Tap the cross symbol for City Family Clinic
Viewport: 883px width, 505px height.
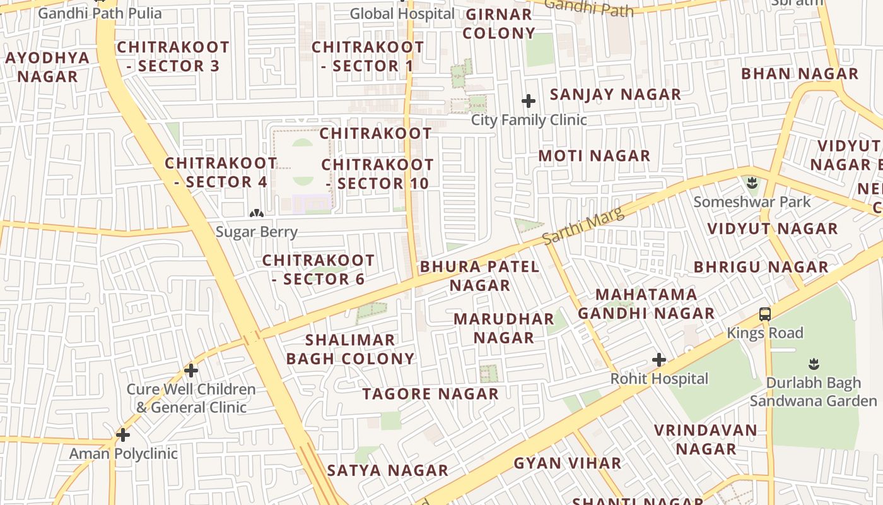click(529, 101)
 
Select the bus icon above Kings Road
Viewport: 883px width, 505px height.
click(765, 314)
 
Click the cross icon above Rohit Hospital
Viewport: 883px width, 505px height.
click(659, 360)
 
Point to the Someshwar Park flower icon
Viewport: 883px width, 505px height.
click(751, 184)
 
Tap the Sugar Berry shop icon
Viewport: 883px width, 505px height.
click(256, 213)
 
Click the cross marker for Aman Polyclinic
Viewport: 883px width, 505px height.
click(123, 434)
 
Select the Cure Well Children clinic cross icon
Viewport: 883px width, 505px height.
click(191, 371)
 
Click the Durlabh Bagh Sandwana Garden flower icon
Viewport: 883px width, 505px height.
click(814, 364)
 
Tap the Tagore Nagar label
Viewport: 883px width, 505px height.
click(431, 394)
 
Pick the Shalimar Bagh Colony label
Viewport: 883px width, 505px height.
click(351, 349)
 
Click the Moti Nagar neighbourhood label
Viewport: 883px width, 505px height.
click(594, 155)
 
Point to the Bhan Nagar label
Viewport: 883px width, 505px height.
click(800, 73)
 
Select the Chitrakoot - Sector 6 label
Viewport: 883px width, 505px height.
click(319, 270)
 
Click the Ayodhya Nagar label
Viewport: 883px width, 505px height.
click(48, 67)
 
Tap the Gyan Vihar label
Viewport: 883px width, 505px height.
click(568, 463)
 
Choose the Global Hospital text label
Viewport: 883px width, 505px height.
click(402, 13)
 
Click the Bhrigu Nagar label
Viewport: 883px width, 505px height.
click(761, 266)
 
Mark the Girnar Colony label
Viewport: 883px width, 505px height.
click(499, 23)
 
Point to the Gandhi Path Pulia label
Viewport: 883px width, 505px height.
click(100, 13)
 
